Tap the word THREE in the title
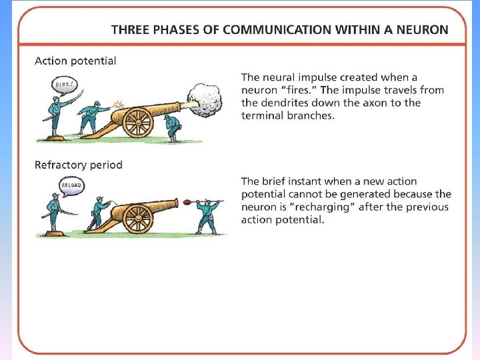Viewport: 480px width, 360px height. [130, 29]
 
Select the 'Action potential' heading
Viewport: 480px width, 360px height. [75, 61]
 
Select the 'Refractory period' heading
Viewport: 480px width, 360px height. [79, 165]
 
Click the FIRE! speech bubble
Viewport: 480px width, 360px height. [64, 85]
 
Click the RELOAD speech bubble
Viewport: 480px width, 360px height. [71, 185]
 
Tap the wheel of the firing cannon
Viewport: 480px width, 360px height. [139, 123]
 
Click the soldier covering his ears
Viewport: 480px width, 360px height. [173, 127]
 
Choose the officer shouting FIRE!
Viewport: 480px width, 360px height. [55, 117]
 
